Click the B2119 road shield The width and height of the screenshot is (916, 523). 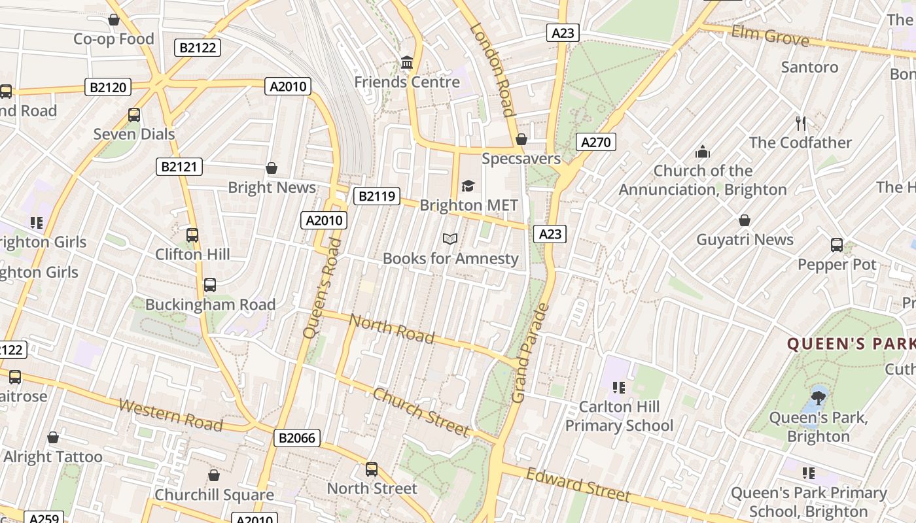click(377, 195)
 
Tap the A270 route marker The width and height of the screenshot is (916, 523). click(596, 142)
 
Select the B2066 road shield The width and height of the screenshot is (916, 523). click(297, 438)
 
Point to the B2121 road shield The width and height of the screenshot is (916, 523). click(179, 167)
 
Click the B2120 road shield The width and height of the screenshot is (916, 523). click(108, 87)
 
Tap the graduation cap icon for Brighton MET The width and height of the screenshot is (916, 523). click(468, 186)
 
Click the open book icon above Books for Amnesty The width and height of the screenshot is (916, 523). click(449, 239)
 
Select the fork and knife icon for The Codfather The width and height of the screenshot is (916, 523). click(800, 123)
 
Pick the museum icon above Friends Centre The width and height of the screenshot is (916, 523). click(407, 63)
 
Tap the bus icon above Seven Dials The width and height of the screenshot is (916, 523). click(134, 115)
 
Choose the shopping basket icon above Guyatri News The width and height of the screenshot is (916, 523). click(744, 220)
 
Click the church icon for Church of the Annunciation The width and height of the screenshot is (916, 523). click(703, 152)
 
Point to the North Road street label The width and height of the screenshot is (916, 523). click(391, 328)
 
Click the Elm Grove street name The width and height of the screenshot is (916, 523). click(770, 36)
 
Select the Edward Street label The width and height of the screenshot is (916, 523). click(578, 484)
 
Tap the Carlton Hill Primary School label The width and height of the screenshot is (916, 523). click(619, 416)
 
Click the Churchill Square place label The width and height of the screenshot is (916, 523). click(214, 495)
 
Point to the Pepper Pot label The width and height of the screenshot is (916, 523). click(836, 265)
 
